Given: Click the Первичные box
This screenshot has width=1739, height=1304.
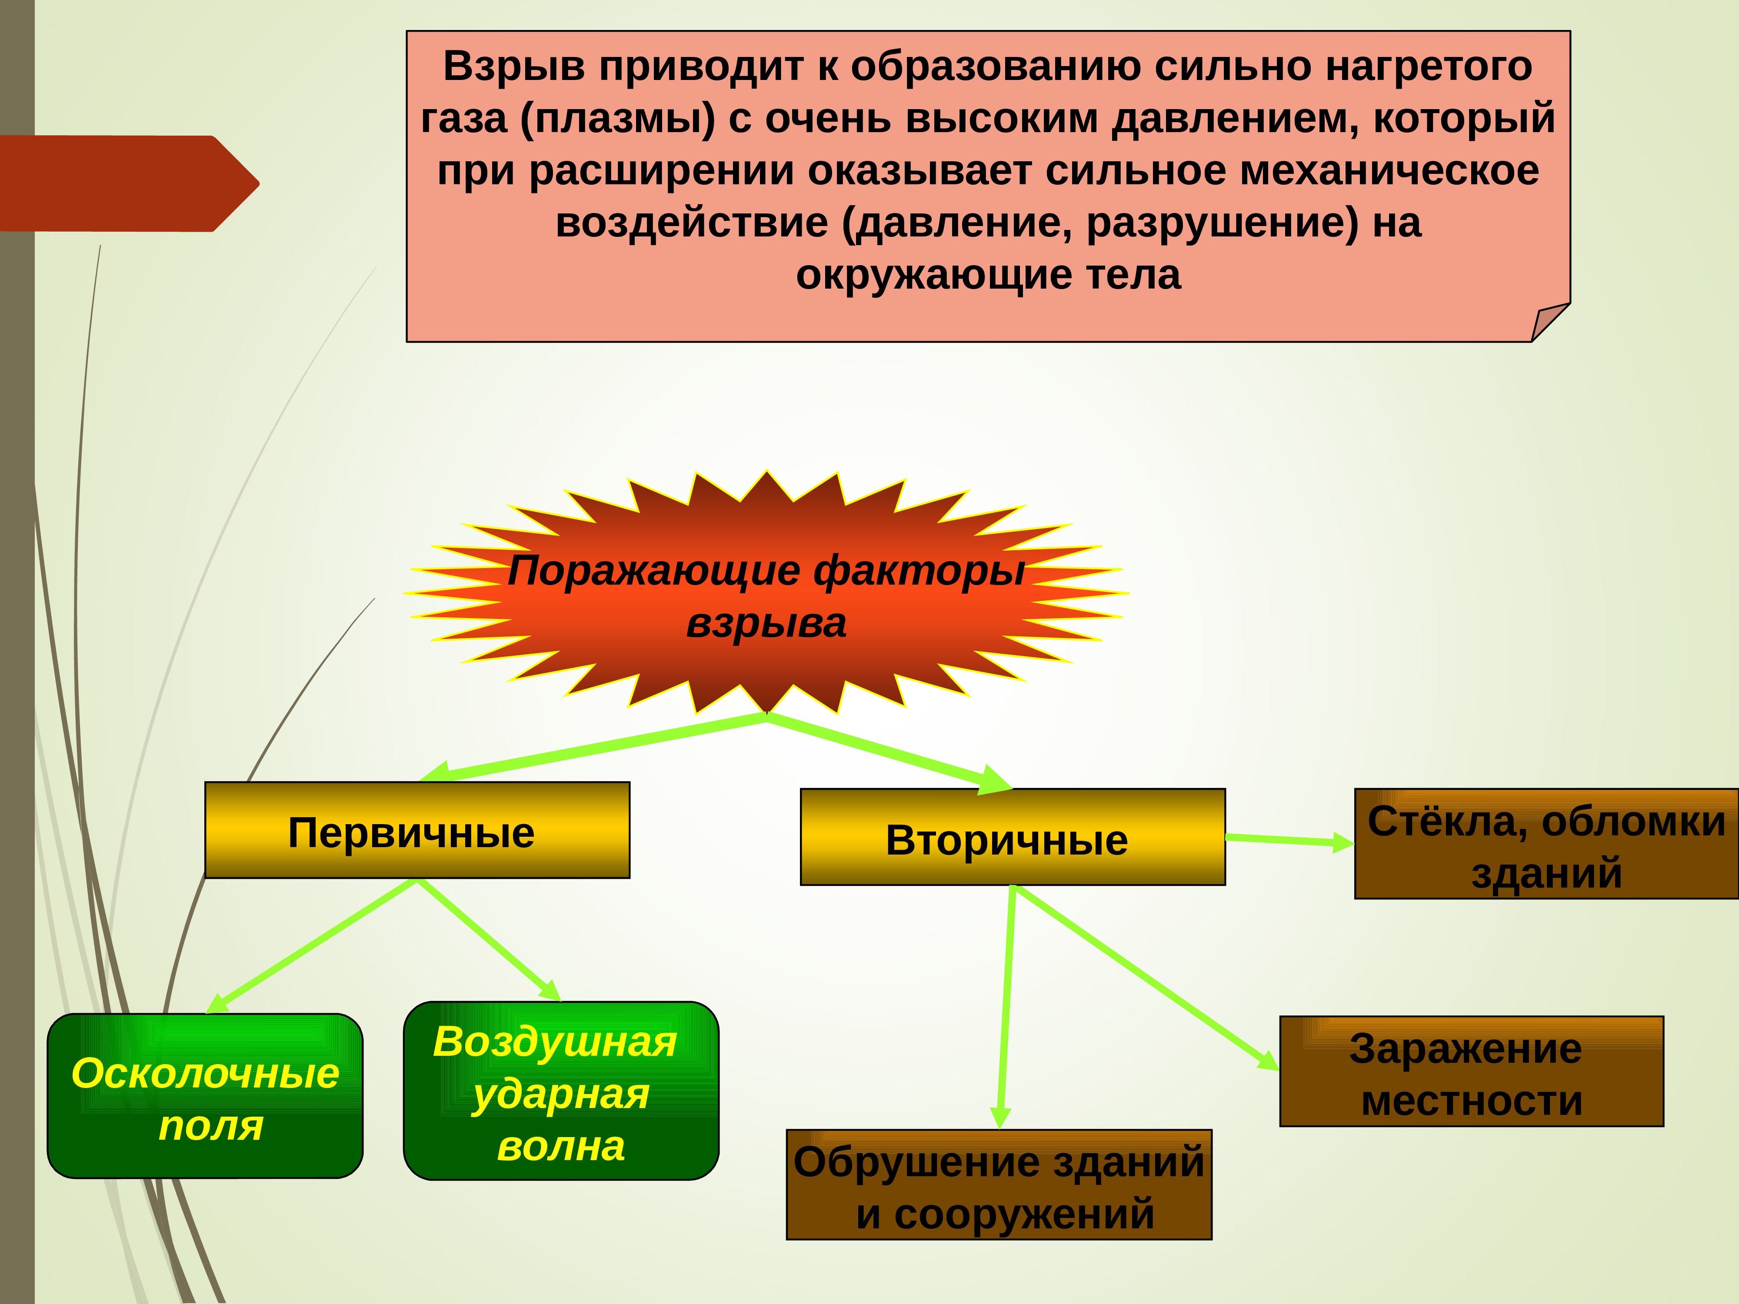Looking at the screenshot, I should point(416,830).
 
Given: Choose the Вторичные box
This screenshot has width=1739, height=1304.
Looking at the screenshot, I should point(1012,837).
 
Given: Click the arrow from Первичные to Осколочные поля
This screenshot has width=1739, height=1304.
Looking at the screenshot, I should point(314,945).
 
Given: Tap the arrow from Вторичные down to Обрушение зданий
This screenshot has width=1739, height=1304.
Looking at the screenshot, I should point(1006,1006).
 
